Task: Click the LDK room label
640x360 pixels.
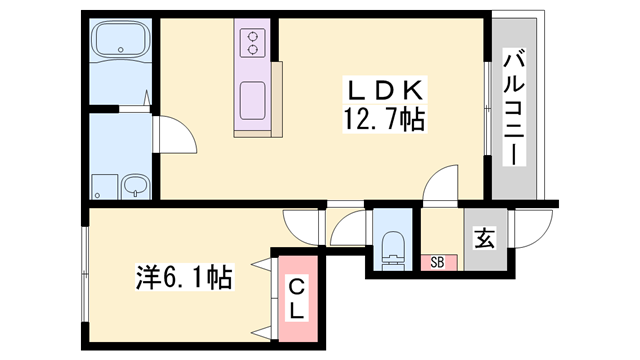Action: pyautogui.click(x=384, y=90)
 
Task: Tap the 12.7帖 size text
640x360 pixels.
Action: pyautogui.click(x=384, y=119)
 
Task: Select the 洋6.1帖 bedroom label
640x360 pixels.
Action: pyautogui.click(x=184, y=277)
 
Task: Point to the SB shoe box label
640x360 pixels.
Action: pyautogui.click(x=437, y=262)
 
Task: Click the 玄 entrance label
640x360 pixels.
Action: pyautogui.click(x=484, y=238)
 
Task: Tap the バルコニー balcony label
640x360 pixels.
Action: pyautogui.click(x=514, y=107)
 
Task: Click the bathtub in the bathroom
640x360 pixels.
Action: pyautogui.click(x=120, y=40)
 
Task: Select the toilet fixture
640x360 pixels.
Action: pyautogui.click(x=393, y=251)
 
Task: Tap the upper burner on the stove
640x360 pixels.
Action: pyautogui.click(x=253, y=36)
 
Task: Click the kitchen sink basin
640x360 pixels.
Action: pyautogui.click(x=253, y=101)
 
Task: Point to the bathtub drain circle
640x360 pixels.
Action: pyautogui.click(x=120, y=50)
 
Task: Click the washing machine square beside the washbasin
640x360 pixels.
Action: pyautogui.click(x=104, y=187)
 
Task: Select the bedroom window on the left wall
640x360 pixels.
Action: pyautogui.click(x=84, y=273)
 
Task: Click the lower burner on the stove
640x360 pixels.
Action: pyautogui.click(x=253, y=50)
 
